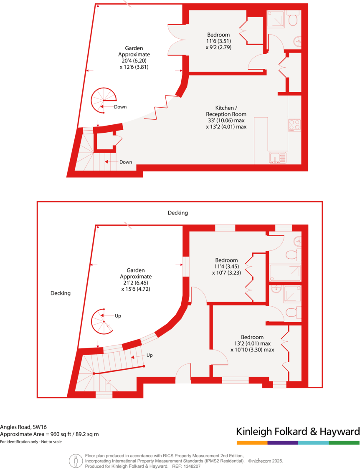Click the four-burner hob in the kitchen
tap(294, 125)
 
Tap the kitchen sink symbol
tap(277, 157)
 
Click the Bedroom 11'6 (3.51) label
tap(218, 41)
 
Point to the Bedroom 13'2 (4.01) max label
tap(252, 343)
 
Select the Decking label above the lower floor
tap(178, 213)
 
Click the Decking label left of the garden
tap(61, 293)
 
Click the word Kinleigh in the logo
tap(255, 431)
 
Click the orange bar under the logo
tap(252, 443)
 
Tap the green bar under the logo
tap(344, 443)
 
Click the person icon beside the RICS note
tap(76, 461)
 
